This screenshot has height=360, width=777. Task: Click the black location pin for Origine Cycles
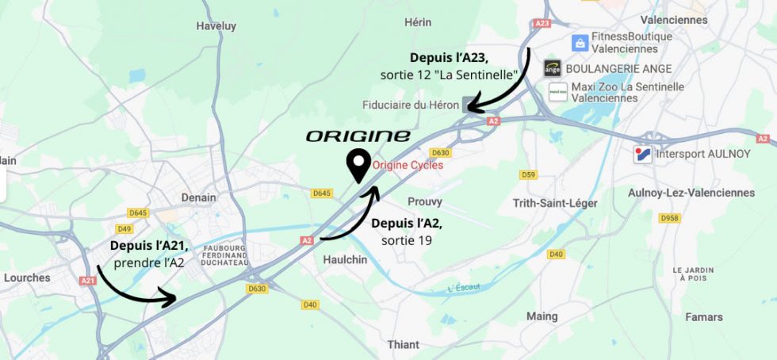(x=358, y=165)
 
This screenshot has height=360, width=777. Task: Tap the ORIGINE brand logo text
(x=358, y=136)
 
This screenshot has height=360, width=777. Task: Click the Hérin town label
(x=418, y=22)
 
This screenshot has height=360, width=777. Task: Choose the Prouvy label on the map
(x=424, y=201)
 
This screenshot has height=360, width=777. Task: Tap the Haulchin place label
(x=346, y=259)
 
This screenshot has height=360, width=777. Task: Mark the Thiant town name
(x=404, y=344)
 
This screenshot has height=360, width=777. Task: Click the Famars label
(x=703, y=317)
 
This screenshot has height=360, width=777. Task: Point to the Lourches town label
(x=27, y=278)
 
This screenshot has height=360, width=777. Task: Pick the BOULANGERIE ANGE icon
(x=552, y=69)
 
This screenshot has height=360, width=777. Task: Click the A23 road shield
(x=542, y=24)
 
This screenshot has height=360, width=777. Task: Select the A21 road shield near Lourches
(x=87, y=280)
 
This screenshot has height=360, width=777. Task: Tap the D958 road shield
(x=670, y=218)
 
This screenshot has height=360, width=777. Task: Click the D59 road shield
(x=528, y=174)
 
